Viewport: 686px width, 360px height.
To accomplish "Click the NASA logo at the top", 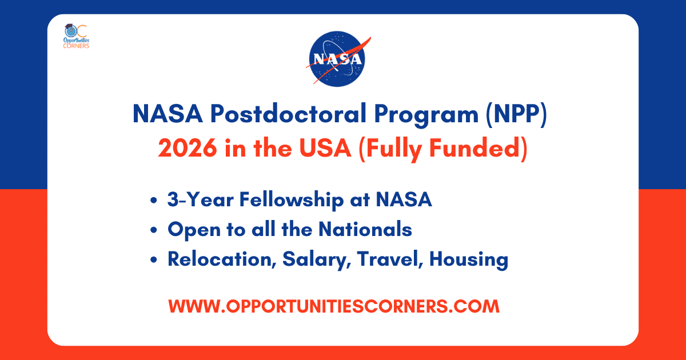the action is click(338, 59).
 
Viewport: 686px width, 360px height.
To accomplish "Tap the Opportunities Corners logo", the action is click(76, 36).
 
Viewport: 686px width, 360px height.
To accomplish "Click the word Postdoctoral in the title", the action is click(288, 114).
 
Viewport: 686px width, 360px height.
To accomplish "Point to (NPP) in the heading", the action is click(516, 114).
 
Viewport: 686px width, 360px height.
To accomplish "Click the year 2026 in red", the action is click(188, 148).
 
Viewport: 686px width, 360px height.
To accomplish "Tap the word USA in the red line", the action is click(325, 148).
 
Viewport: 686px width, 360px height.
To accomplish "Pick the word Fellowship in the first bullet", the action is click(292, 200).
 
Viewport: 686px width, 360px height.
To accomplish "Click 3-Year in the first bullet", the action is click(200, 199).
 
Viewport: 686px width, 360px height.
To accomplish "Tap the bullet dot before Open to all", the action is click(154, 230).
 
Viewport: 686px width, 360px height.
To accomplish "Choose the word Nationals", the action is click(365, 229).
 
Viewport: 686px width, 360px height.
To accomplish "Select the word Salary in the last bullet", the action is click(316, 260).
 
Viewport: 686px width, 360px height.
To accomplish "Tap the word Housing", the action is click(469, 260).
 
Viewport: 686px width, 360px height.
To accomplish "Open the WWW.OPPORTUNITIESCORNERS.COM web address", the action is click(334, 306).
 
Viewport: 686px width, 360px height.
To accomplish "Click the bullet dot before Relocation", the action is click(154, 260).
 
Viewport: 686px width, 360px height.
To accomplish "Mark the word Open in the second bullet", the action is click(194, 230).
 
